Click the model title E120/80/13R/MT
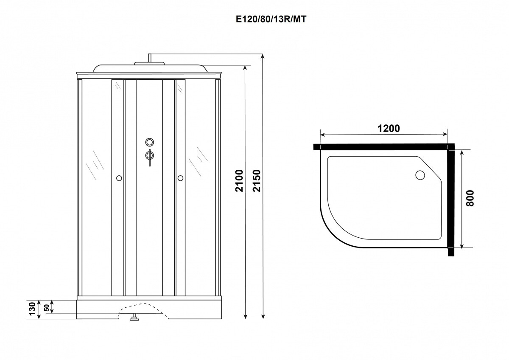[x=271, y=19]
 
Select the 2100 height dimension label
[x=240, y=181]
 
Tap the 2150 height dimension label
[x=257, y=181]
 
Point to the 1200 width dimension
[x=389, y=129]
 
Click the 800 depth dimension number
[x=470, y=198]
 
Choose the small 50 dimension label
[x=47, y=308]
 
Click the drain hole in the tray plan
[x=420, y=175]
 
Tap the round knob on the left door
[x=119, y=178]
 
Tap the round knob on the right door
[x=180, y=178]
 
